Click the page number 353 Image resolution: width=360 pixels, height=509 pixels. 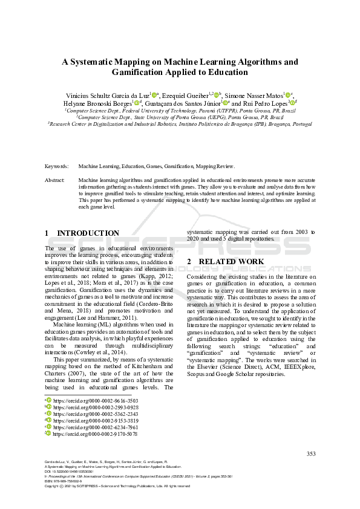(x=311, y=454)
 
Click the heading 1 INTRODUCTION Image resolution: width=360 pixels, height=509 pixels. (x=82, y=233)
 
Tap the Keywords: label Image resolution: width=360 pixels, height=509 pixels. (x=57, y=165)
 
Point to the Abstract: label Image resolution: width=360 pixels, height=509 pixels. (x=55, y=180)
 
